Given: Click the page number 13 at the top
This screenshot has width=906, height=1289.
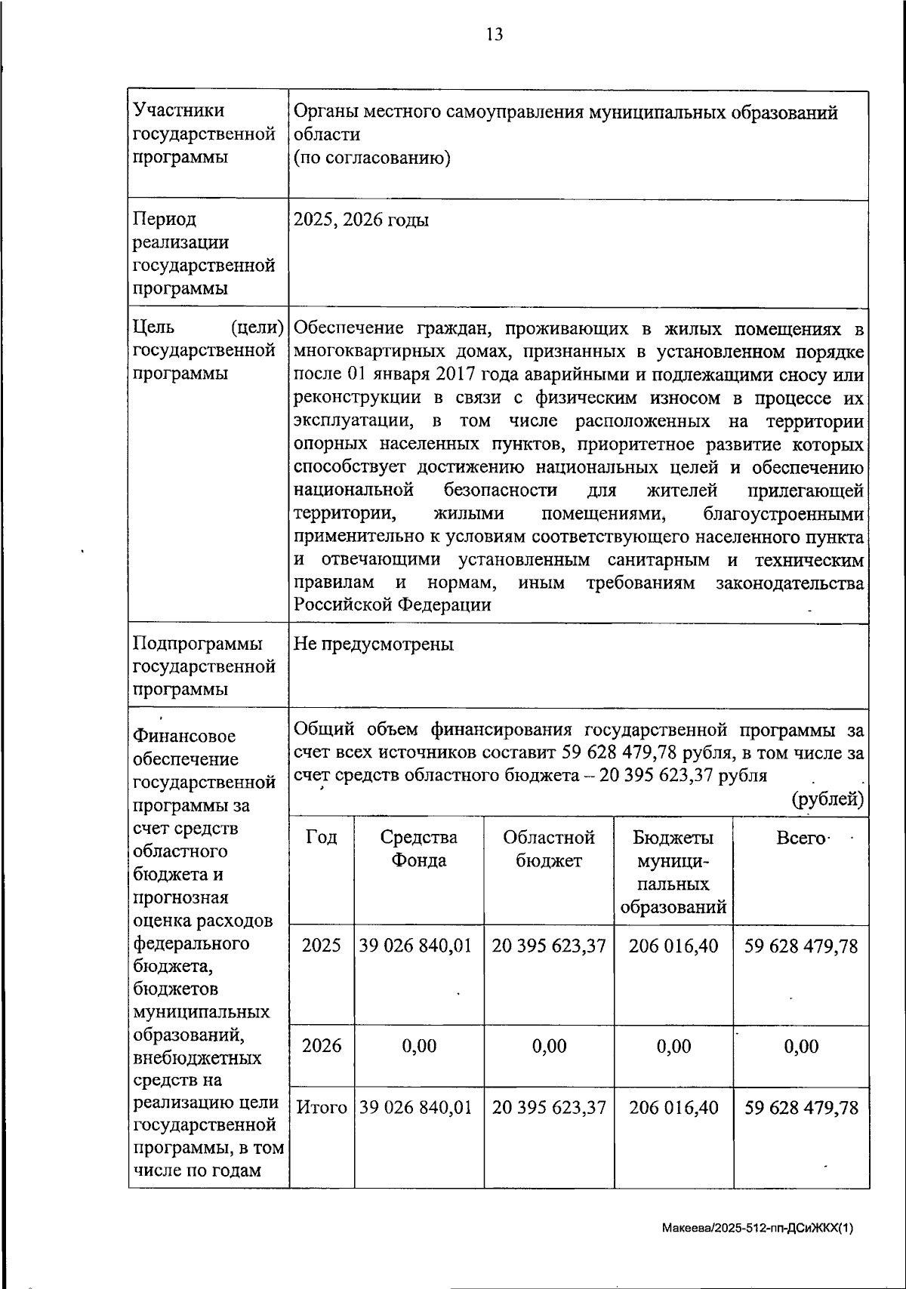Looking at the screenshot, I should tap(495, 35).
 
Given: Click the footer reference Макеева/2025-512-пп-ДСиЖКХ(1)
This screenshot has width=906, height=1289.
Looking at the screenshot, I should tap(757, 1228).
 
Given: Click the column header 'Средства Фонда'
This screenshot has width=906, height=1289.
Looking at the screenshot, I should tap(419, 848).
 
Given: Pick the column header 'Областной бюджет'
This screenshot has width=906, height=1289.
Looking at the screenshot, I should tap(549, 848).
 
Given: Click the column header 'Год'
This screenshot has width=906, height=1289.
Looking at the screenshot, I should tap(322, 837).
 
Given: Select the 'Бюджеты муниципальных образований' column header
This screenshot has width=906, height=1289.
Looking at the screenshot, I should tap(673, 872).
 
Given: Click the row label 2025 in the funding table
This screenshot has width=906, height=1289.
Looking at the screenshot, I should tap(322, 946).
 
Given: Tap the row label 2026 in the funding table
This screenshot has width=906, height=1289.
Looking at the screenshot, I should tap(322, 1045).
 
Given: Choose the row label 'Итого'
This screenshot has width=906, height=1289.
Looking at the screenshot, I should tap(322, 1108).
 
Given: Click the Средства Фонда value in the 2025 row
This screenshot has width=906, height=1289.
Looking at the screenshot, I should tap(416, 946).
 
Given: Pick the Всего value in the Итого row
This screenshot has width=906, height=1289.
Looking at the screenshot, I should tap(802, 1108).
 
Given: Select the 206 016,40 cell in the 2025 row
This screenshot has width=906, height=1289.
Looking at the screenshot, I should tap(673, 946).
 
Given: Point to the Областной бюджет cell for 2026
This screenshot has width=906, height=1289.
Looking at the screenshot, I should tap(549, 1045).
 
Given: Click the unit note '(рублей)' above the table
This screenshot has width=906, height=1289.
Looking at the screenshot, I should tap(827, 798).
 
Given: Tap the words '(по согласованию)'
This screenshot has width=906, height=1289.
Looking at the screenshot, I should tap(371, 158).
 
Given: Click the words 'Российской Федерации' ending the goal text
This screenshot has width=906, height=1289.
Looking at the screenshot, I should tap(393, 605).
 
